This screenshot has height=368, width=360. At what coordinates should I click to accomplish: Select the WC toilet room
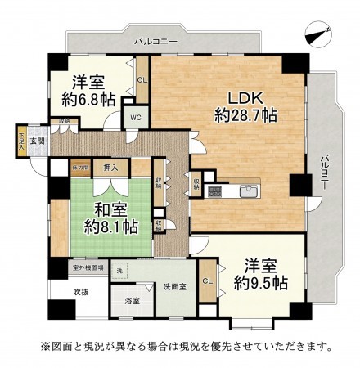click(133, 116)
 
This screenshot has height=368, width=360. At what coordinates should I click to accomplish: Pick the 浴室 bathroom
click(131, 301)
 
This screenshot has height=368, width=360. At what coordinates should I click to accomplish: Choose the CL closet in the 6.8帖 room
click(142, 80)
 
